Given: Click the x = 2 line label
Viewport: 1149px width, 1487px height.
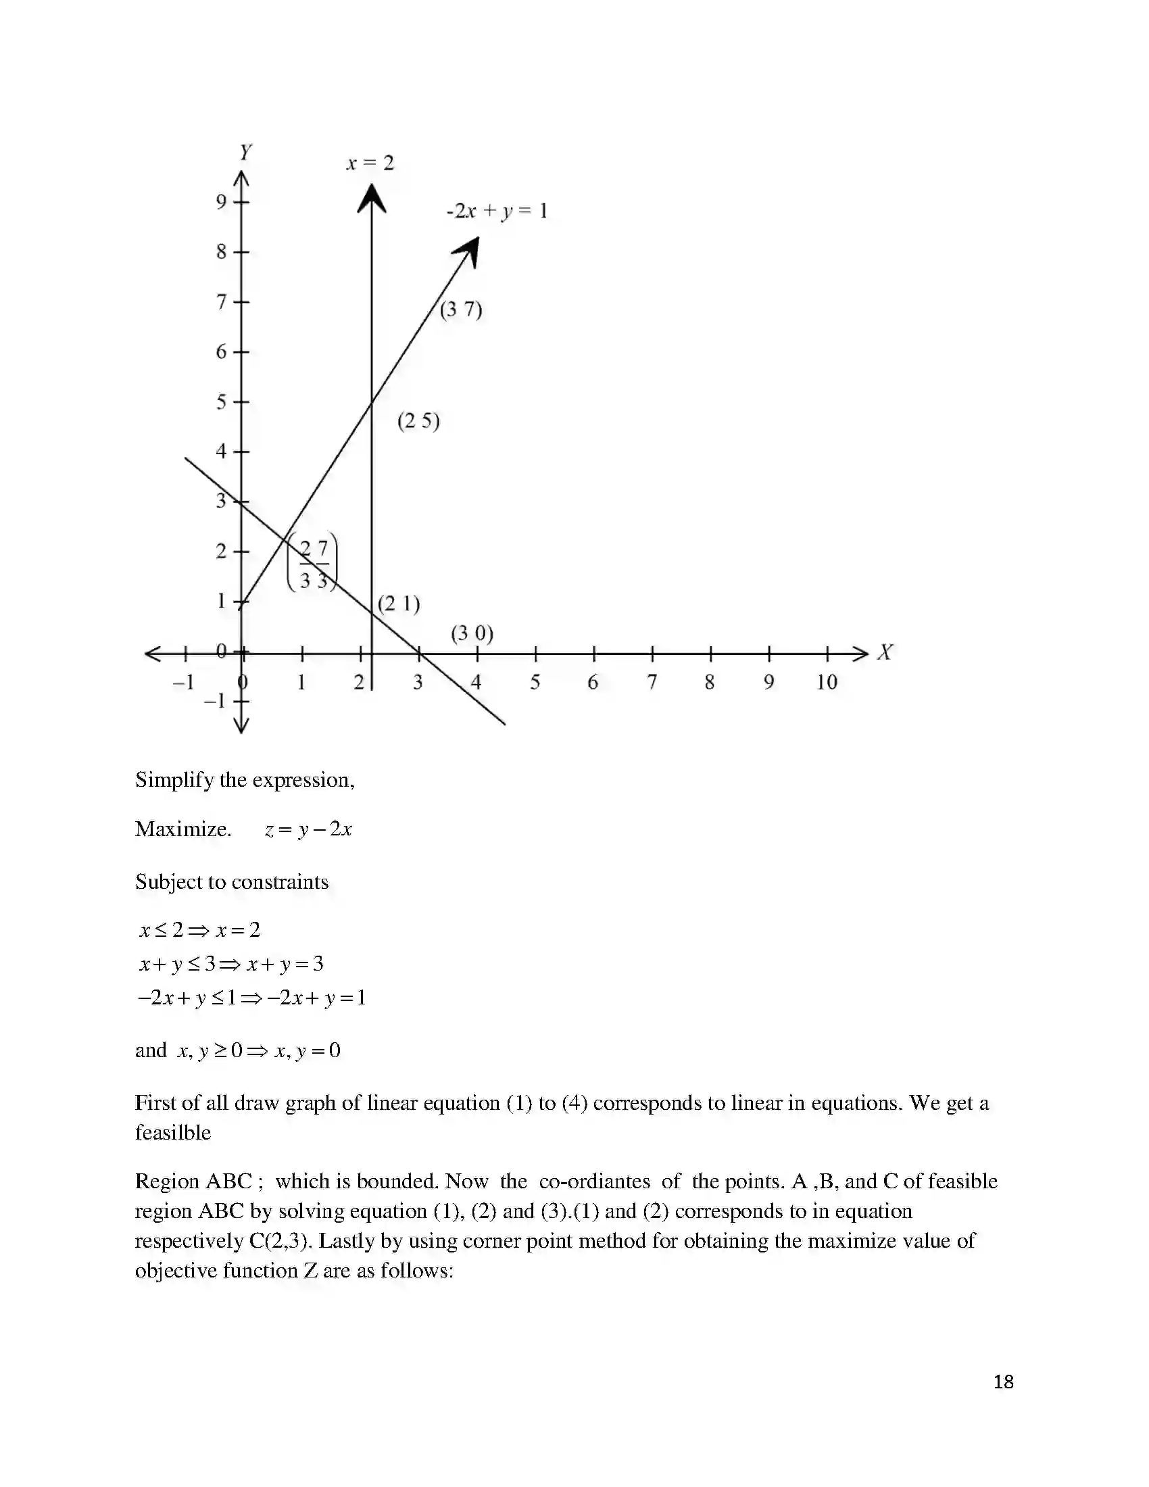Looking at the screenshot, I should [x=370, y=164].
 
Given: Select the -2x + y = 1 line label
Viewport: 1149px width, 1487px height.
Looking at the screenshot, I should [x=497, y=211].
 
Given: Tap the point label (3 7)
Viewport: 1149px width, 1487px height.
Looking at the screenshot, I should [x=461, y=310].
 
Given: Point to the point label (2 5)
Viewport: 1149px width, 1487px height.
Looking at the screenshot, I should [x=418, y=422].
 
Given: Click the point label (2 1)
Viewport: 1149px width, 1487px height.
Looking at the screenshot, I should [x=399, y=604].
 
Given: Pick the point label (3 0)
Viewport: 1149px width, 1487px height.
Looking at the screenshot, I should [x=472, y=634].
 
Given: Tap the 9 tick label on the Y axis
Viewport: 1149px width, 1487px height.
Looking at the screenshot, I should [x=221, y=201].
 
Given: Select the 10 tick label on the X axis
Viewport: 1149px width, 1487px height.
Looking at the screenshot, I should [x=827, y=682].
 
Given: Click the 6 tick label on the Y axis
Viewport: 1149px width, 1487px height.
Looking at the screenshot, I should [x=221, y=352].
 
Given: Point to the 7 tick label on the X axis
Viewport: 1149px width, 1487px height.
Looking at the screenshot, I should [x=652, y=682].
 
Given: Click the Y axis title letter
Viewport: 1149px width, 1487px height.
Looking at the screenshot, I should [x=246, y=152].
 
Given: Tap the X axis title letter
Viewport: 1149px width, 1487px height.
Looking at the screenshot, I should [x=885, y=652].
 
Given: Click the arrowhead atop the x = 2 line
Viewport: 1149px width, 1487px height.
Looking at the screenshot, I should [x=372, y=197].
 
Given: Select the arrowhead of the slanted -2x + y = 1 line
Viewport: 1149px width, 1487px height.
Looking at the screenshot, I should [x=469, y=250].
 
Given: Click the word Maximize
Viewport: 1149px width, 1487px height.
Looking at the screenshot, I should [x=183, y=829].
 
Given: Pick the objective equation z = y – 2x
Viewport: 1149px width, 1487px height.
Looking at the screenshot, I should [x=308, y=829].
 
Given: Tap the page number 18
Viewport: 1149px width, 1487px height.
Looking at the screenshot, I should [x=1003, y=1382].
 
